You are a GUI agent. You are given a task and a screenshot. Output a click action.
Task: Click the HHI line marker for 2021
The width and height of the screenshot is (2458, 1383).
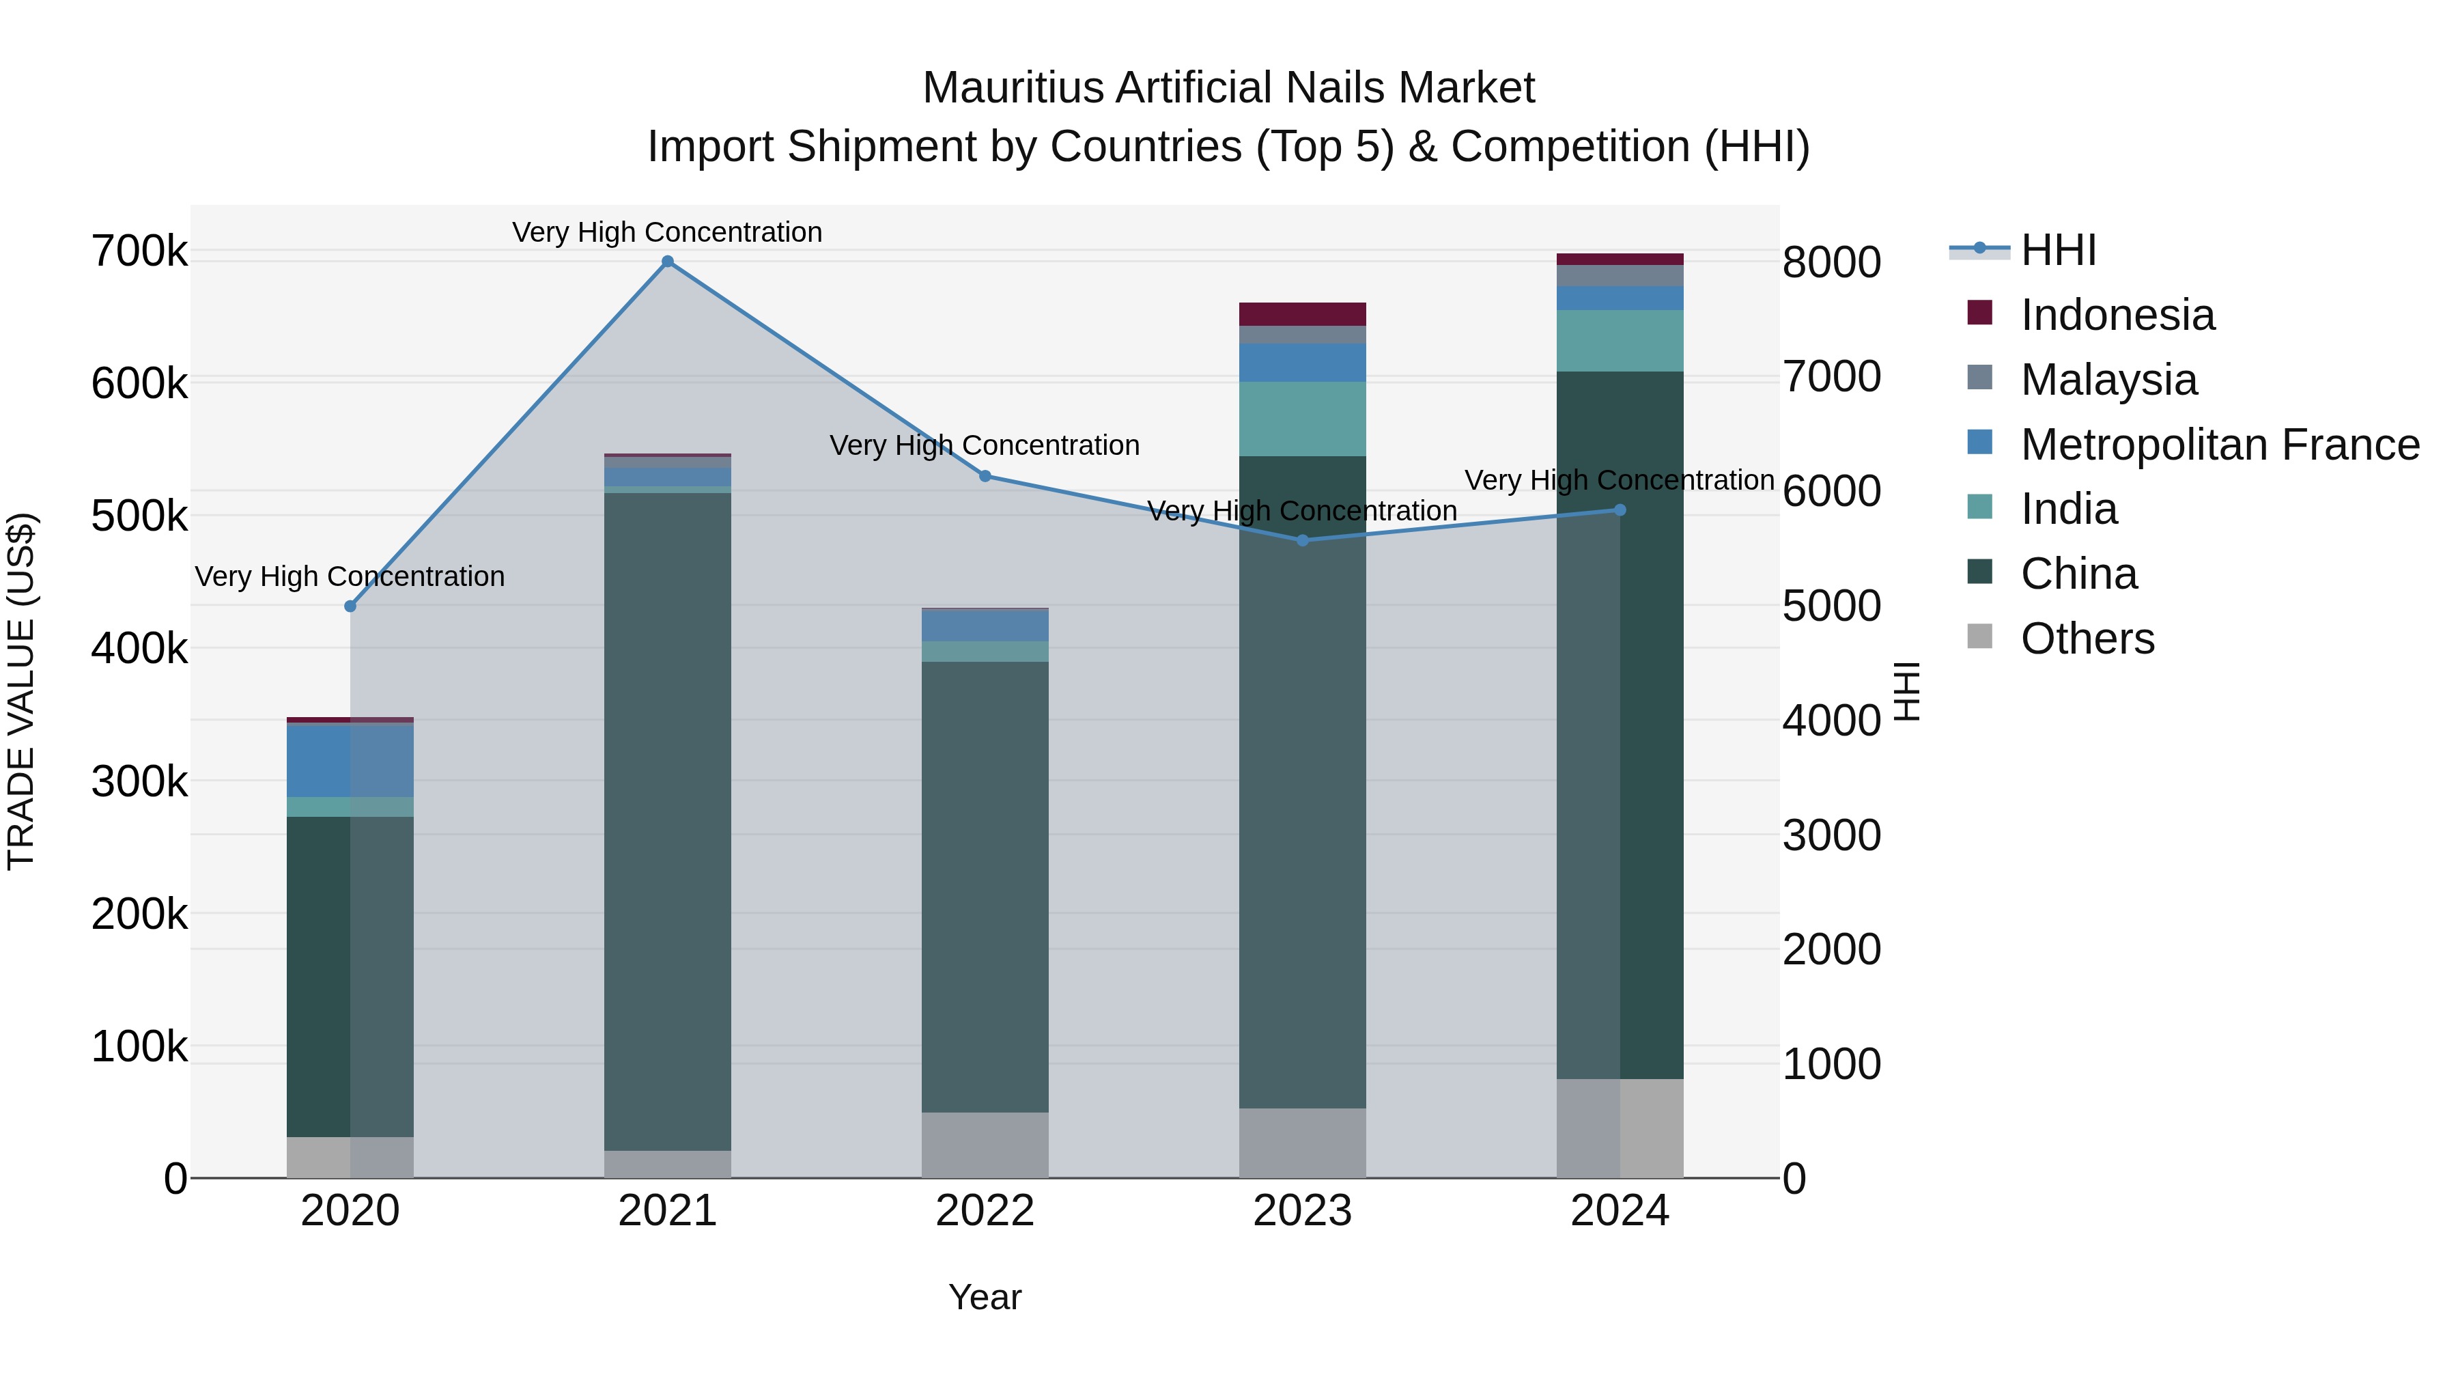667,262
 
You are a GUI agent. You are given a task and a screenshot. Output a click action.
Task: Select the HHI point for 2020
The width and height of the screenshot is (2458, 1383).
350,606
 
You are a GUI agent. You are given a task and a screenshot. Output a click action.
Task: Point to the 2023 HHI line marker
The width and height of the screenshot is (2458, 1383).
1303,540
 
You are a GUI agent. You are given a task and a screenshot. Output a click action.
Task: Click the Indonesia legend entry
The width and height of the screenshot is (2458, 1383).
2117,315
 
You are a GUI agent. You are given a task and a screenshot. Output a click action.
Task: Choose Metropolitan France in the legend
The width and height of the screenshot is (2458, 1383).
2220,445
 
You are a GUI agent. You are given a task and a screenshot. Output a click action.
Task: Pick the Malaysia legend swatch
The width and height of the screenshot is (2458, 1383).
1980,378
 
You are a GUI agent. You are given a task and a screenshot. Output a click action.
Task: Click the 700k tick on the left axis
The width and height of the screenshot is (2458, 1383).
139,252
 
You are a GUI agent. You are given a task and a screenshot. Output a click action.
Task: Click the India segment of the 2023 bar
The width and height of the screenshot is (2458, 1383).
1303,419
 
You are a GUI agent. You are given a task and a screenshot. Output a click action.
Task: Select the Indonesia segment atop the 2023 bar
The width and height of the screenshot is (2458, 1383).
1303,314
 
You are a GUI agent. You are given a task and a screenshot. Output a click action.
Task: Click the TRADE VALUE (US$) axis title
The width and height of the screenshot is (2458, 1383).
21,691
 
